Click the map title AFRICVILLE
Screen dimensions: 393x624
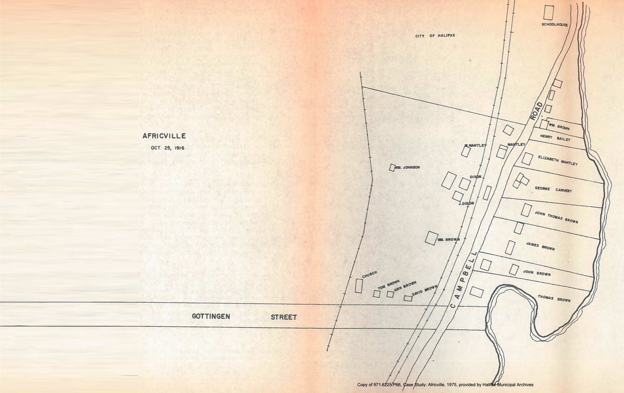tap(164, 136)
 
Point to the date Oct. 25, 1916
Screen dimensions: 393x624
tap(168, 148)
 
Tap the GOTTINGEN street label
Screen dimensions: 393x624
tap(211, 316)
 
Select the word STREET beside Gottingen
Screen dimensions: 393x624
tap(284, 317)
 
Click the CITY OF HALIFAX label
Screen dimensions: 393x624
tap(435, 36)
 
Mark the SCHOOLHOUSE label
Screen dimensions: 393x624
tap(555, 24)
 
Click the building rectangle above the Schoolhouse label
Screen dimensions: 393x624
tap(548, 13)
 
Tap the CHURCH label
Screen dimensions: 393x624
tap(370, 274)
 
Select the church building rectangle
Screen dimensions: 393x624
tap(358, 286)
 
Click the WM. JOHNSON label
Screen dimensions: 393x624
tap(407, 167)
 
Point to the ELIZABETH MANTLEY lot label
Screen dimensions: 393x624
tap(558, 160)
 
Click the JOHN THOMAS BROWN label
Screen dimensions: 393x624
tap(556, 217)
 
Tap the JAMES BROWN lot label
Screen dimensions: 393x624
tap(540, 246)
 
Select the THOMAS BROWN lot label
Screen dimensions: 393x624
tap(554, 298)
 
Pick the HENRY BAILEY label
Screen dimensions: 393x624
tap(555, 138)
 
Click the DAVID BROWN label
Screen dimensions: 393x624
tap(425, 291)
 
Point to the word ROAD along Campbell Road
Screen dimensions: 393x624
tap(536, 111)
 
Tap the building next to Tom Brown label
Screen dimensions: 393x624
tap(376, 294)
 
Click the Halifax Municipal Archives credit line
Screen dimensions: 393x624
tap(445, 385)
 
